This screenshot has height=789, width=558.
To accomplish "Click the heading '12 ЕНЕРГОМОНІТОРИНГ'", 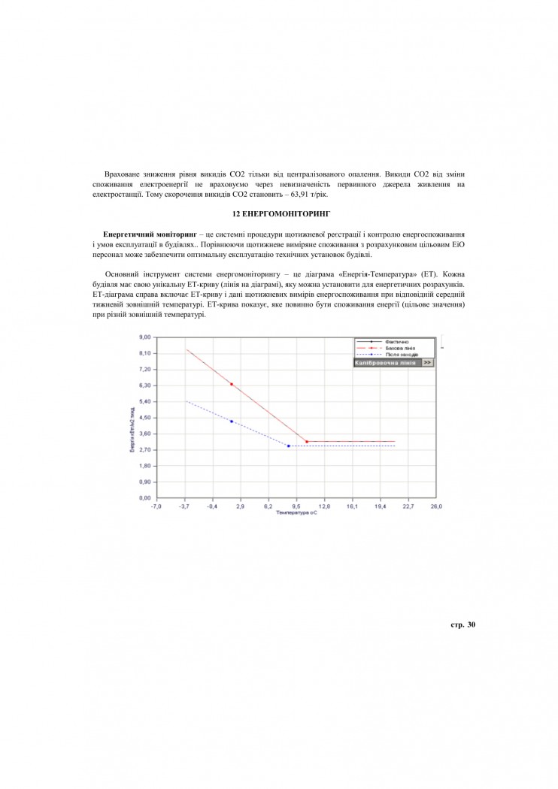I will (279, 214).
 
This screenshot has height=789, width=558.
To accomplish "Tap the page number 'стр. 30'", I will (462, 624).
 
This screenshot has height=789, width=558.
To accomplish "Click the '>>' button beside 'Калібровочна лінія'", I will (427, 362).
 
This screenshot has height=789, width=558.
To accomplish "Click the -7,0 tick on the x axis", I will (156, 506).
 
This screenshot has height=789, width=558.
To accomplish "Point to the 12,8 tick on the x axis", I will (324, 506).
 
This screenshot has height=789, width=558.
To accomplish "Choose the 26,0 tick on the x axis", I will (436, 506).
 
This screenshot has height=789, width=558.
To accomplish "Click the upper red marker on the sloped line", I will (231, 384).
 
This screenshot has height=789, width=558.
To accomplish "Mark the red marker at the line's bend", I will (307, 442).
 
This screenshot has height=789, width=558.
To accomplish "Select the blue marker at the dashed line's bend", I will (289, 446).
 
